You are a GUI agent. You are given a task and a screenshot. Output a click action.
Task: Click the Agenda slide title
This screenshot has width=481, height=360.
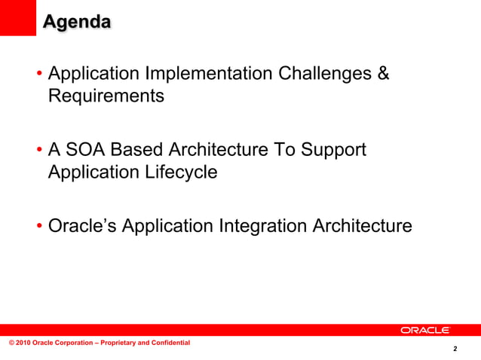click(x=76, y=22)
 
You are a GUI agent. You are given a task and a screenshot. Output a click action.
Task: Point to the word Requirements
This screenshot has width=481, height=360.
click(x=106, y=96)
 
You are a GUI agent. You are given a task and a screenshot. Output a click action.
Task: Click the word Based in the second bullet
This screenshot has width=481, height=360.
click(x=144, y=150)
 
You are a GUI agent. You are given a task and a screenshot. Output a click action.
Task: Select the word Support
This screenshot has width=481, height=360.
click(x=332, y=150)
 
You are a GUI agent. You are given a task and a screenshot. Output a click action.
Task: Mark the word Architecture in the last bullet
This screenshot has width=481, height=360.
click(x=363, y=225)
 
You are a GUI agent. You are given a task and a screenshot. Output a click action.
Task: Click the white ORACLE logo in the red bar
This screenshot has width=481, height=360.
click(x=425, y=330)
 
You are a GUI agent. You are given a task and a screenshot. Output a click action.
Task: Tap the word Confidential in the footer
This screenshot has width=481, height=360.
click(x=169, y=343)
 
